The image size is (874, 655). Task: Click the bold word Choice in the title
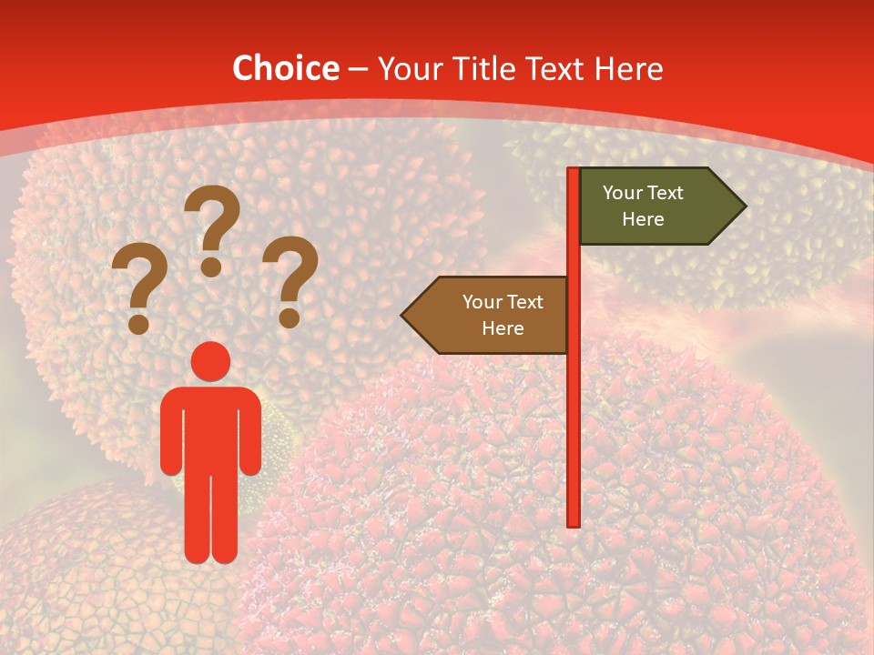(x=285, y=69)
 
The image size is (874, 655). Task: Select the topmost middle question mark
(x=214, y=218)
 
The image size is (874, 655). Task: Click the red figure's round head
(x=211, y=361)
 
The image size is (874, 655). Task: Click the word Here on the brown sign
(x=503, y=328)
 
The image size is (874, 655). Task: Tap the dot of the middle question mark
(x=211, y=267)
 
